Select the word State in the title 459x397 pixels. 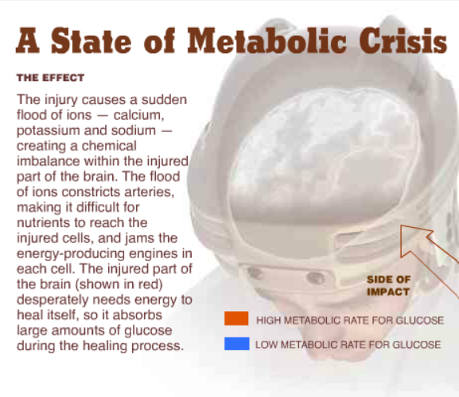[x=91, y=40]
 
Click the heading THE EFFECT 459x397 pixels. [x=51, y=78]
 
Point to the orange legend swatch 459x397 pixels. [x=236, y=318]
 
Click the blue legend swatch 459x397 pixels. [x=237, y=344]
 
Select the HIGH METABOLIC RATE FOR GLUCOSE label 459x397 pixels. [x=350, y=321]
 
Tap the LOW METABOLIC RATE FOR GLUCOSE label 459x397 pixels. [x=348, y=345]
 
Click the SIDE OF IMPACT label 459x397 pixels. [x=388, y=286]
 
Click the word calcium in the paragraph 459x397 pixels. [x=138, y=115]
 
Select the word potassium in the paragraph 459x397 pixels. [x=49, y=131]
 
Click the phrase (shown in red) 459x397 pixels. [x=119, y=284]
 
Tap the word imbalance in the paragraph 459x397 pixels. [x=49, y=161]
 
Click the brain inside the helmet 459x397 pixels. [x=325, y=152]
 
